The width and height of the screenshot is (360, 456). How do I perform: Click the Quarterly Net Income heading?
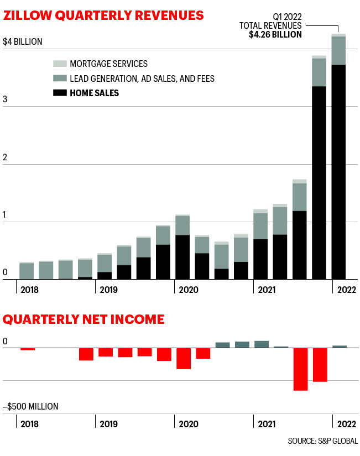point(84,319)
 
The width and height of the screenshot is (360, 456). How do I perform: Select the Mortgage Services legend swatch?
point(60,64)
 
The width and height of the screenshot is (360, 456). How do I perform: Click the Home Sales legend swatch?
point(60,93)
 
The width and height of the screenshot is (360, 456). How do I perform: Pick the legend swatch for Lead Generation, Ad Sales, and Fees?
point(60,78)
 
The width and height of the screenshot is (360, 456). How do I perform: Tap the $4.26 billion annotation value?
point(275,34)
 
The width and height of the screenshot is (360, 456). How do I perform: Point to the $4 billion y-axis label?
point(23,41)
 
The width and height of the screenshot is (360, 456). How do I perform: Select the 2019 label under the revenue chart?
point(108,289)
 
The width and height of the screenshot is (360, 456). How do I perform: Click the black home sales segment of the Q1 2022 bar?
point(338,171)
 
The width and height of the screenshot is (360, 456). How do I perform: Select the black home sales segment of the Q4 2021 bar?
point(319,182)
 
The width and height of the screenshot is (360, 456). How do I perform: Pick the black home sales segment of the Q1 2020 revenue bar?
point(182,257)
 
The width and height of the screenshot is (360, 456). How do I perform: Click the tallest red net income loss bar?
point(300,369)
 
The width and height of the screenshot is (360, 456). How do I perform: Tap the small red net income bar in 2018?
point(28,349)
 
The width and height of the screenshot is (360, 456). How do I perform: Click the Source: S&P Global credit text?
point(322,441)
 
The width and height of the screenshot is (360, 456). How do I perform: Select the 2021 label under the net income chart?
point(266,424)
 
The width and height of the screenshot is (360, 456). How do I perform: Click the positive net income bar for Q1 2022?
point(339,347)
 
